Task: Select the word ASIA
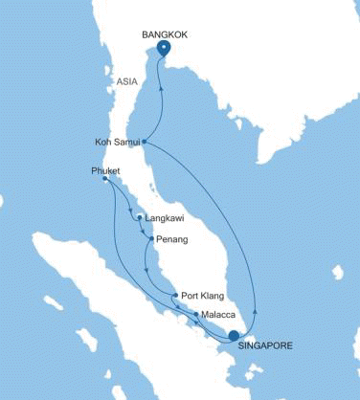tap(127, 82)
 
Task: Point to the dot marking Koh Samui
tap(144, 143)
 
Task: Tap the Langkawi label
tap(163, 217)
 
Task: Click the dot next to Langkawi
tap(142, 217)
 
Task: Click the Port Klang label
tap(201, 295)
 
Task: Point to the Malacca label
tap(221, 314)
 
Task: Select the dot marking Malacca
tap(196, 314)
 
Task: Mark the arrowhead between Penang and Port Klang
tap(146, 271)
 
